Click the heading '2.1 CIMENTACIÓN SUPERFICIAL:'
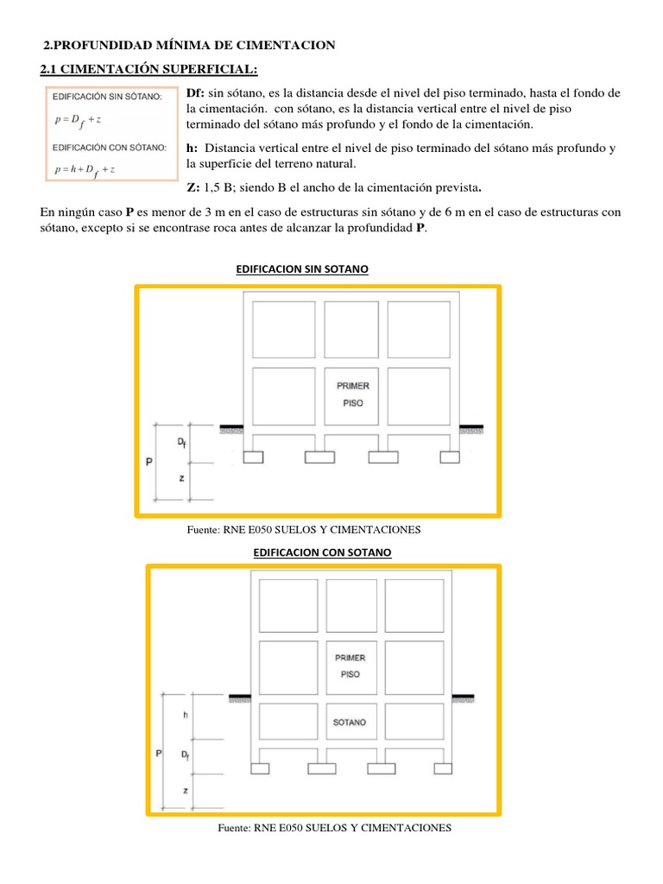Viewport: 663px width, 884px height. (148, 69)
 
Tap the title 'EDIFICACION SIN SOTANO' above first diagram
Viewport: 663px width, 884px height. (302, 269)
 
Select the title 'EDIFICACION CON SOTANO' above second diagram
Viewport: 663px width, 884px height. (322, 551)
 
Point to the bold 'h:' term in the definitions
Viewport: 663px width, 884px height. (193, 148)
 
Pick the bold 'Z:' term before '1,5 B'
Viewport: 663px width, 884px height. (193, 187)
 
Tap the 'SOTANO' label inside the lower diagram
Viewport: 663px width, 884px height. (350, 722)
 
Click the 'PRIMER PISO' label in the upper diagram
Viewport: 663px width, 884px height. (353, 395)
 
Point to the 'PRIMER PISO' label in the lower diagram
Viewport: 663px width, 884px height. (350, 666)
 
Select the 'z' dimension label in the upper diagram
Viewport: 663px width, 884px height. (181, 477)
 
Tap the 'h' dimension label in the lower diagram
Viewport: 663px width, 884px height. (185, 715)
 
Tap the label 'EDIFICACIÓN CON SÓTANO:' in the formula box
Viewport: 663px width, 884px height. (109, 148)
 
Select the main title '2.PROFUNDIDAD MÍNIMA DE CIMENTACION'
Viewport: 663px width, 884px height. (189, 45)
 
